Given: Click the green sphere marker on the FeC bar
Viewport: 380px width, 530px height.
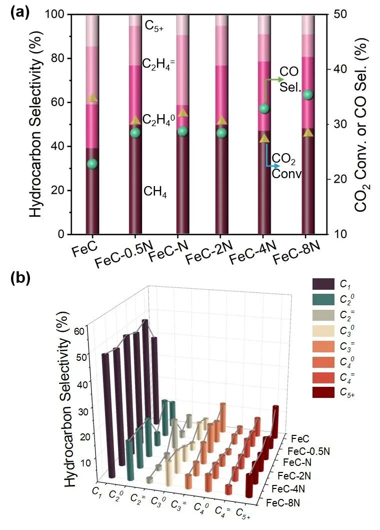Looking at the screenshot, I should pyautogui.click(x=92, y=164).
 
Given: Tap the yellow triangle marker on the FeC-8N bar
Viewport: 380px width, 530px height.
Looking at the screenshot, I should pyautogui.click(x=308, y=133).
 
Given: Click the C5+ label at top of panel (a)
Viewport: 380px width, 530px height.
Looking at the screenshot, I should pyautogui.click(x=154, y=26).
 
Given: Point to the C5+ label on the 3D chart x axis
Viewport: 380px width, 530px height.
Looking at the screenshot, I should pyautogui.click(x=243, y=512).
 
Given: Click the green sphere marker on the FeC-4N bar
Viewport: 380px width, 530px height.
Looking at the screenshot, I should pyautogui.click(x=265, y=109).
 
